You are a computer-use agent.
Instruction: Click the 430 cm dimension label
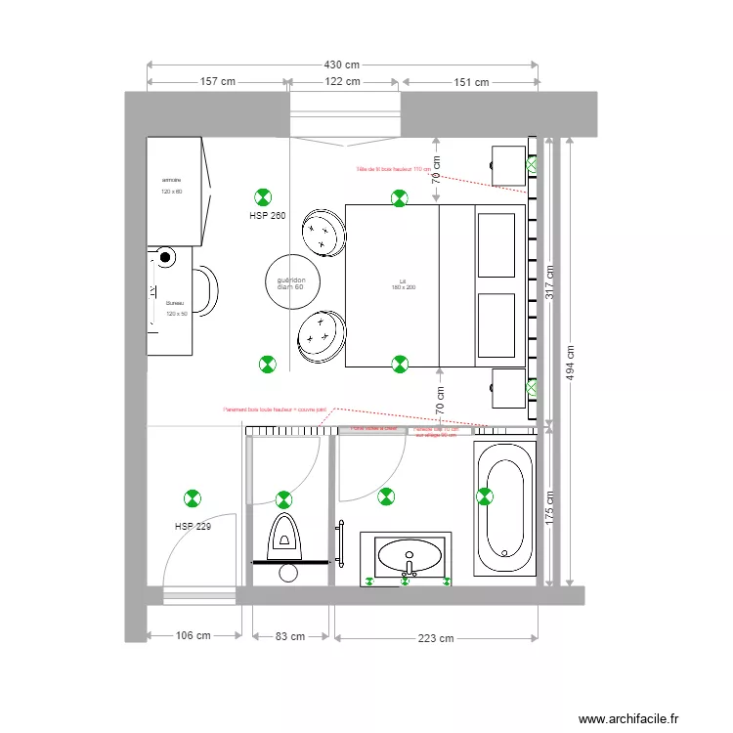click(342, 65)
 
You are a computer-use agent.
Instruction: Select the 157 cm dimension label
click(218, 82)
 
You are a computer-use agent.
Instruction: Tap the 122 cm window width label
click(342, 82)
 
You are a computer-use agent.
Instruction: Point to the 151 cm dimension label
click(470, 82)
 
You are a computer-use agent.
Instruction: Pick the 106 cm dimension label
click(193, 636)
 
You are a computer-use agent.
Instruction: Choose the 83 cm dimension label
click(290, 636)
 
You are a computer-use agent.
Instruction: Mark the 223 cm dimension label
click(435, 639)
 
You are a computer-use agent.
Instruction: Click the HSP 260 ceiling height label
click(267, 216)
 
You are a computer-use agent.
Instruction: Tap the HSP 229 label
click(193, 526)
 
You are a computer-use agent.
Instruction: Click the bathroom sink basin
click(406, 559)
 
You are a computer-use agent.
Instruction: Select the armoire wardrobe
click(177, 191)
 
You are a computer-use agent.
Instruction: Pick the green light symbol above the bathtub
click(485, 496)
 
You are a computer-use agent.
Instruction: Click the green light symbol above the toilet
click(283, 498)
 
